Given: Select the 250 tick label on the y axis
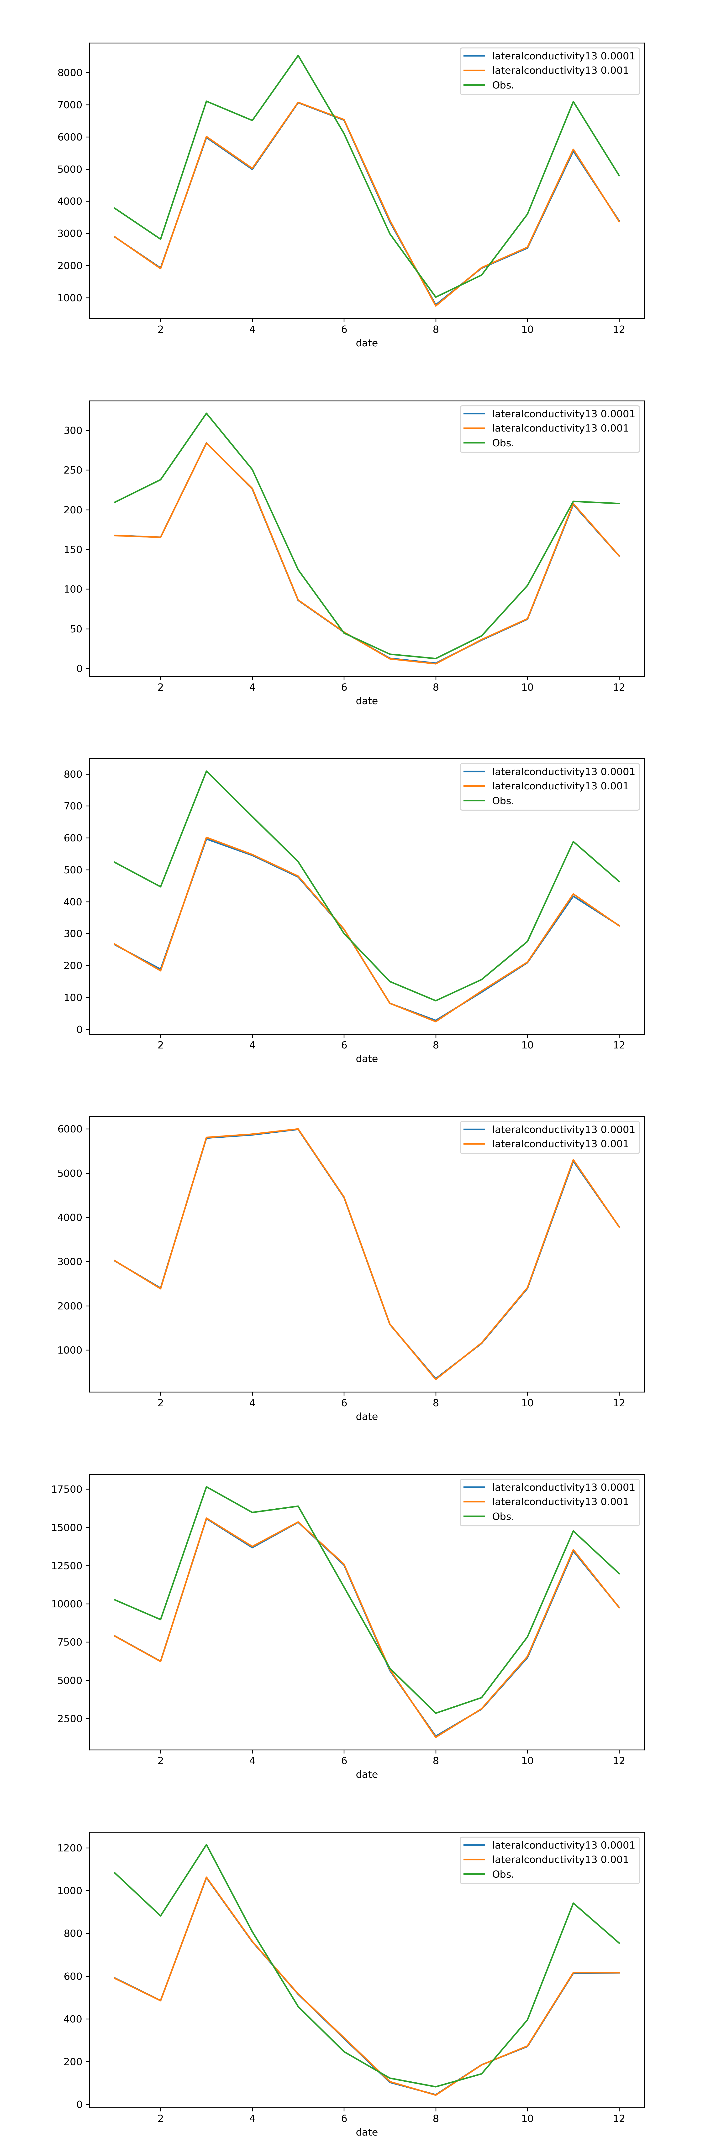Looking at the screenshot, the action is pos(73,470).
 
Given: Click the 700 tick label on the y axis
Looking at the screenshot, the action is pos(73,806).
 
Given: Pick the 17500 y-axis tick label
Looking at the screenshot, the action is pos(67,1489).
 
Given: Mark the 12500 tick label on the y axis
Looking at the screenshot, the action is pos(67,1566).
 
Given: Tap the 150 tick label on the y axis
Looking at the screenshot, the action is pos(73,549).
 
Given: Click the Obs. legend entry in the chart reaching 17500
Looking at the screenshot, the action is pos(503,1516).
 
